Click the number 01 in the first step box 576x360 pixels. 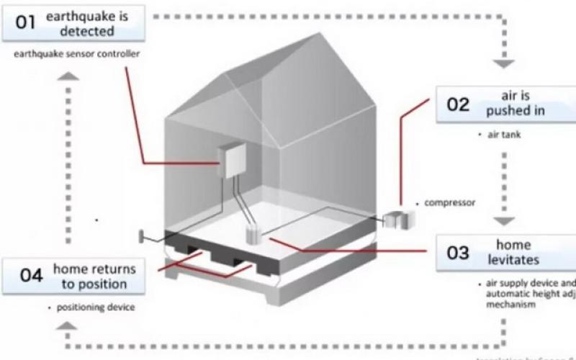coord(25,22)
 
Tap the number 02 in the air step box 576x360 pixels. coord(458,104)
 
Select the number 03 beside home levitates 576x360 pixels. coord(458,253)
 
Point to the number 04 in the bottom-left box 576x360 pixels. coord(32,276)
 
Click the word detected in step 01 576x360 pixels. coord(87,31)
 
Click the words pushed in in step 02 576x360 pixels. coord(515,111)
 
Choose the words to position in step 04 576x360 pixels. coord(94,283)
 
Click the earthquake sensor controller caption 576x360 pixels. coord(66,55)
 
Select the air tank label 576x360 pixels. coord(505,135)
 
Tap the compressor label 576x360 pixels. coord(449,202)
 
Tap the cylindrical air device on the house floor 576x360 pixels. coord(253,233)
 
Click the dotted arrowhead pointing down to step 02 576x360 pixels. coord(503,63)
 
